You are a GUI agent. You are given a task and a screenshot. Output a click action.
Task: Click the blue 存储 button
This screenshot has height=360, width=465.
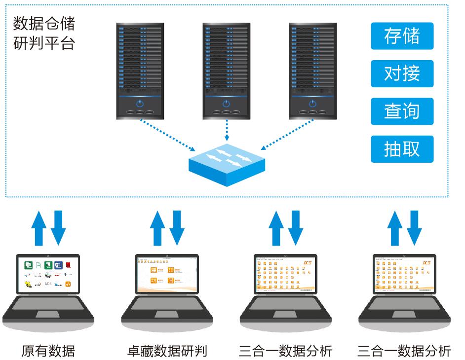pos(402,36)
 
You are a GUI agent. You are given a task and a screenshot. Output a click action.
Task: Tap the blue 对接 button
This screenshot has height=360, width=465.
pos(402,73)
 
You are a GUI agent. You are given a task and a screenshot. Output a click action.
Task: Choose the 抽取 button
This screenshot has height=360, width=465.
pos(402,149)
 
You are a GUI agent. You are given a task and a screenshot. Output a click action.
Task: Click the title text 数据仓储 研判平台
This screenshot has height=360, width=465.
pos(43,33)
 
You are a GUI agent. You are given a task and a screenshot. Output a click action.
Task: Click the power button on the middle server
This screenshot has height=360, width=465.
pos(226,104)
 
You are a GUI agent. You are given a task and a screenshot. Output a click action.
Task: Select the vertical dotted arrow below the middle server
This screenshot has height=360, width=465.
pos(226,131)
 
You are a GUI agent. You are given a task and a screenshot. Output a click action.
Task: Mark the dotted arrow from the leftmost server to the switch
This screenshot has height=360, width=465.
pos(168,136)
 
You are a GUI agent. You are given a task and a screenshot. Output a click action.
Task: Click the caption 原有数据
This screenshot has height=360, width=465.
pos(48,351)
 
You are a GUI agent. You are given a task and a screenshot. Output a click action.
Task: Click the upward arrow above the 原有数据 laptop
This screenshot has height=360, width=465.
pos(39,228)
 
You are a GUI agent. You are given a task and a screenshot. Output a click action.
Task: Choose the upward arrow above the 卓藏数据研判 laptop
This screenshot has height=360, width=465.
pos(158,228)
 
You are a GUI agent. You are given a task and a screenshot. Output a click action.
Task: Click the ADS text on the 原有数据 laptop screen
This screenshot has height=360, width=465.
pos(48,284)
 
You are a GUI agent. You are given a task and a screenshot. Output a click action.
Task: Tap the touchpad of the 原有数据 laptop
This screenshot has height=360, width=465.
pos(48,314)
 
